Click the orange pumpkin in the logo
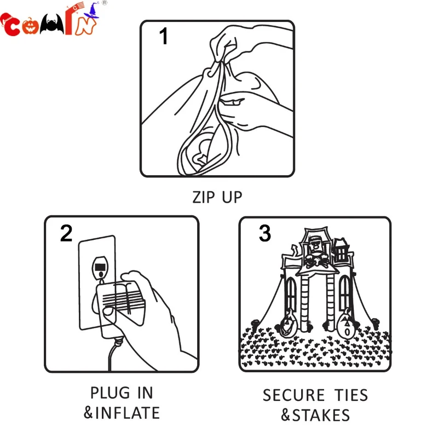click(30, 26)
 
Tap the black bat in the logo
click(51, 25)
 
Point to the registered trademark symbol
click(104, 3)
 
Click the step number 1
click(163, 36)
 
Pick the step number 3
click(265, 233)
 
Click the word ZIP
click(204, 197)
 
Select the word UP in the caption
click(232, 197)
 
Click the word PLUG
click(110, 393)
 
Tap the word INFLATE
click(128, 413)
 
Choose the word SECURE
click(293, 395)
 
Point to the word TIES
click(351, 395)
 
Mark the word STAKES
click(321, 415)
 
